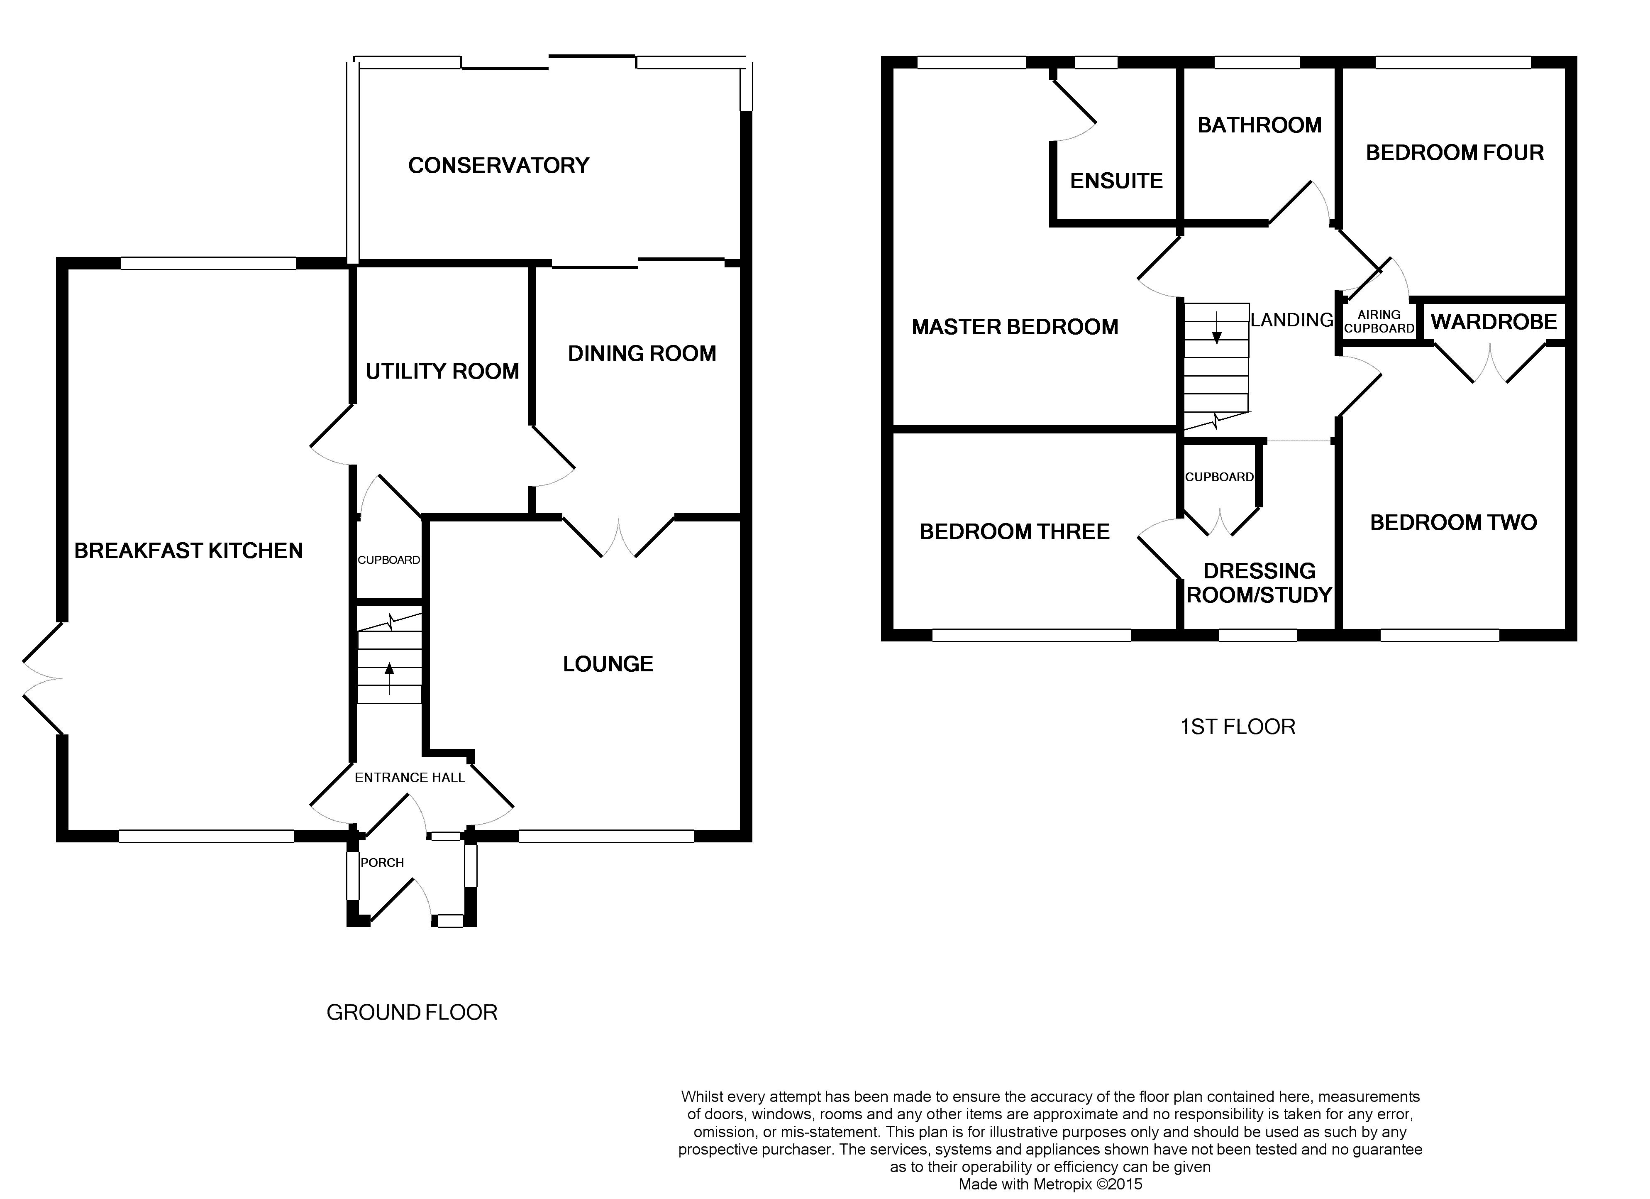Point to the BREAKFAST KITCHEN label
pyautogui.click(x=188, y=551)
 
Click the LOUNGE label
pyautogui.click(x=608, y=664)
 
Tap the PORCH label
pyautogui.click(x=382, y=863)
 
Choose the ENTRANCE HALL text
pyautogui.click(x=410, y=778)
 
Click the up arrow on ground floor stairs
pyautogui.click(x=389, y=678)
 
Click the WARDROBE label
pyautogui.click(x=1494, y=322)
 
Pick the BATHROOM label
pyautogui.click(x=1259, y=125)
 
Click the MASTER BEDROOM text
pyautogui.click(x=1015, y=327)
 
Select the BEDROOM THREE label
pyautogui.click(x=1015, y=531)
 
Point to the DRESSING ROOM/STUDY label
pyautogui.click(x=1259, y=583)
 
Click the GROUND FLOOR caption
pyautogui.click(x=412, y=1012)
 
